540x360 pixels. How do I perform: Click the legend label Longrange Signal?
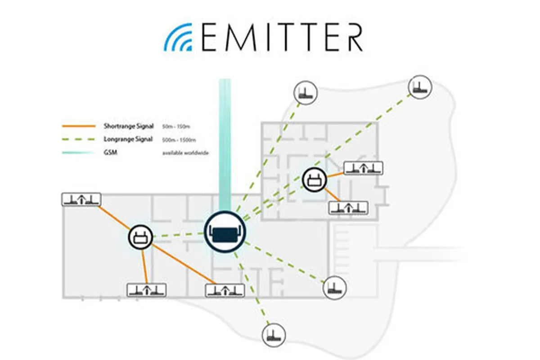coord(128,139)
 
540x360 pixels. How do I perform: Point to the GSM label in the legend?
coord(109,153)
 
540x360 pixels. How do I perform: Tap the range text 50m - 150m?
coord(176,126)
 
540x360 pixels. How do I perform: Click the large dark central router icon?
coord(225,232)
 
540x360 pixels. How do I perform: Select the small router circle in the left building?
coord(142,236)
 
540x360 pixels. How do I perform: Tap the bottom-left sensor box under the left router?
coord(146,290)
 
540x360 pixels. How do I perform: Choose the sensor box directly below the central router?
coord(225,290)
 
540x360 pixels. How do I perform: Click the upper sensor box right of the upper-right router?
coord(363,168)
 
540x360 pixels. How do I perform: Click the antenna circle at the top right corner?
coord(420,87)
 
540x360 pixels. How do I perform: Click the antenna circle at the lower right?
coord(335,287)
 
